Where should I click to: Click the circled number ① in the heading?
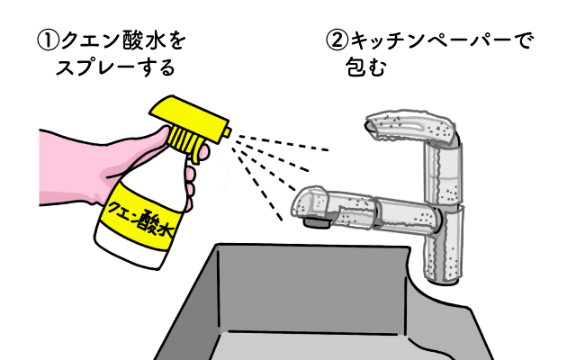point(49,41)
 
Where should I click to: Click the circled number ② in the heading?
point(337,41)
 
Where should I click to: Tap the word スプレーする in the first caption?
point(115,67)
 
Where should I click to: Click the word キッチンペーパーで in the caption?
point(440,40)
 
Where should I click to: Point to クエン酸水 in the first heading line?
point(123,41)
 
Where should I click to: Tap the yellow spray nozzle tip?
point(228,132)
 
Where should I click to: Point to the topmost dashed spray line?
point(282,143)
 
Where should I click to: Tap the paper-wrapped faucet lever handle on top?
point(412,127)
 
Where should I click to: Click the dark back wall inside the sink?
point(312,290)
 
